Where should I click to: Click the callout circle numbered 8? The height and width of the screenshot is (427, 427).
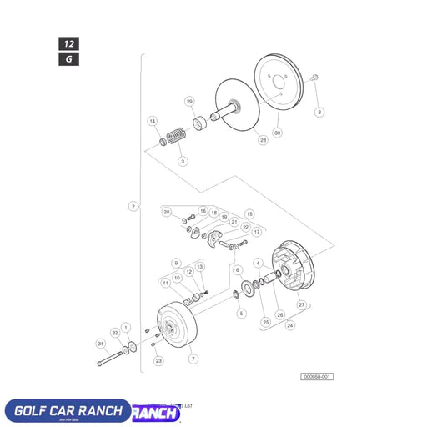tap(319, 112)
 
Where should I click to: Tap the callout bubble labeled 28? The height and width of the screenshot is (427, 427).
tap(263, 141)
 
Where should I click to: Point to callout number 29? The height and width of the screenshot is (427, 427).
tap(189, 102)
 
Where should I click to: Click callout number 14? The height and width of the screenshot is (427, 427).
tap(153, 121)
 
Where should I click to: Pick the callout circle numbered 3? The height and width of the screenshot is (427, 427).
tap(183, 160)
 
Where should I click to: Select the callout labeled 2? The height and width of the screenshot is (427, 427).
tap(133, 206)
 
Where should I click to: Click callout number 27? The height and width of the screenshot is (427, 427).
tap(302, 306)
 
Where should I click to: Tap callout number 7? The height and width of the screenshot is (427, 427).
tap(194, 359)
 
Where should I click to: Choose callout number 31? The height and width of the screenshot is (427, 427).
tap(101, 344)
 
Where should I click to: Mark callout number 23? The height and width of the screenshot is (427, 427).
tap(158, 361)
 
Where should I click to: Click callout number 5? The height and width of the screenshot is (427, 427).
tap(241, 314)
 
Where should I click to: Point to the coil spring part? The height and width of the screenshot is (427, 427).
tap(176, 135)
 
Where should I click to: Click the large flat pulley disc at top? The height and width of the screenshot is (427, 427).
tap(280, 81)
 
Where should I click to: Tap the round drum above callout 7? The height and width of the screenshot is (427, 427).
tap(176, 328)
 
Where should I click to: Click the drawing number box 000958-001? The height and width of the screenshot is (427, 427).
tap(317, 377)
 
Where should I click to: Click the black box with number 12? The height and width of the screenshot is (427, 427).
tap(68, 43)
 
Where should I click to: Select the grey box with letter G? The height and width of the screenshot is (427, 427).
tap(68, 58)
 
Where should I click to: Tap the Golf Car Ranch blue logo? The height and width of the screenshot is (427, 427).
tap(67, 411)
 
